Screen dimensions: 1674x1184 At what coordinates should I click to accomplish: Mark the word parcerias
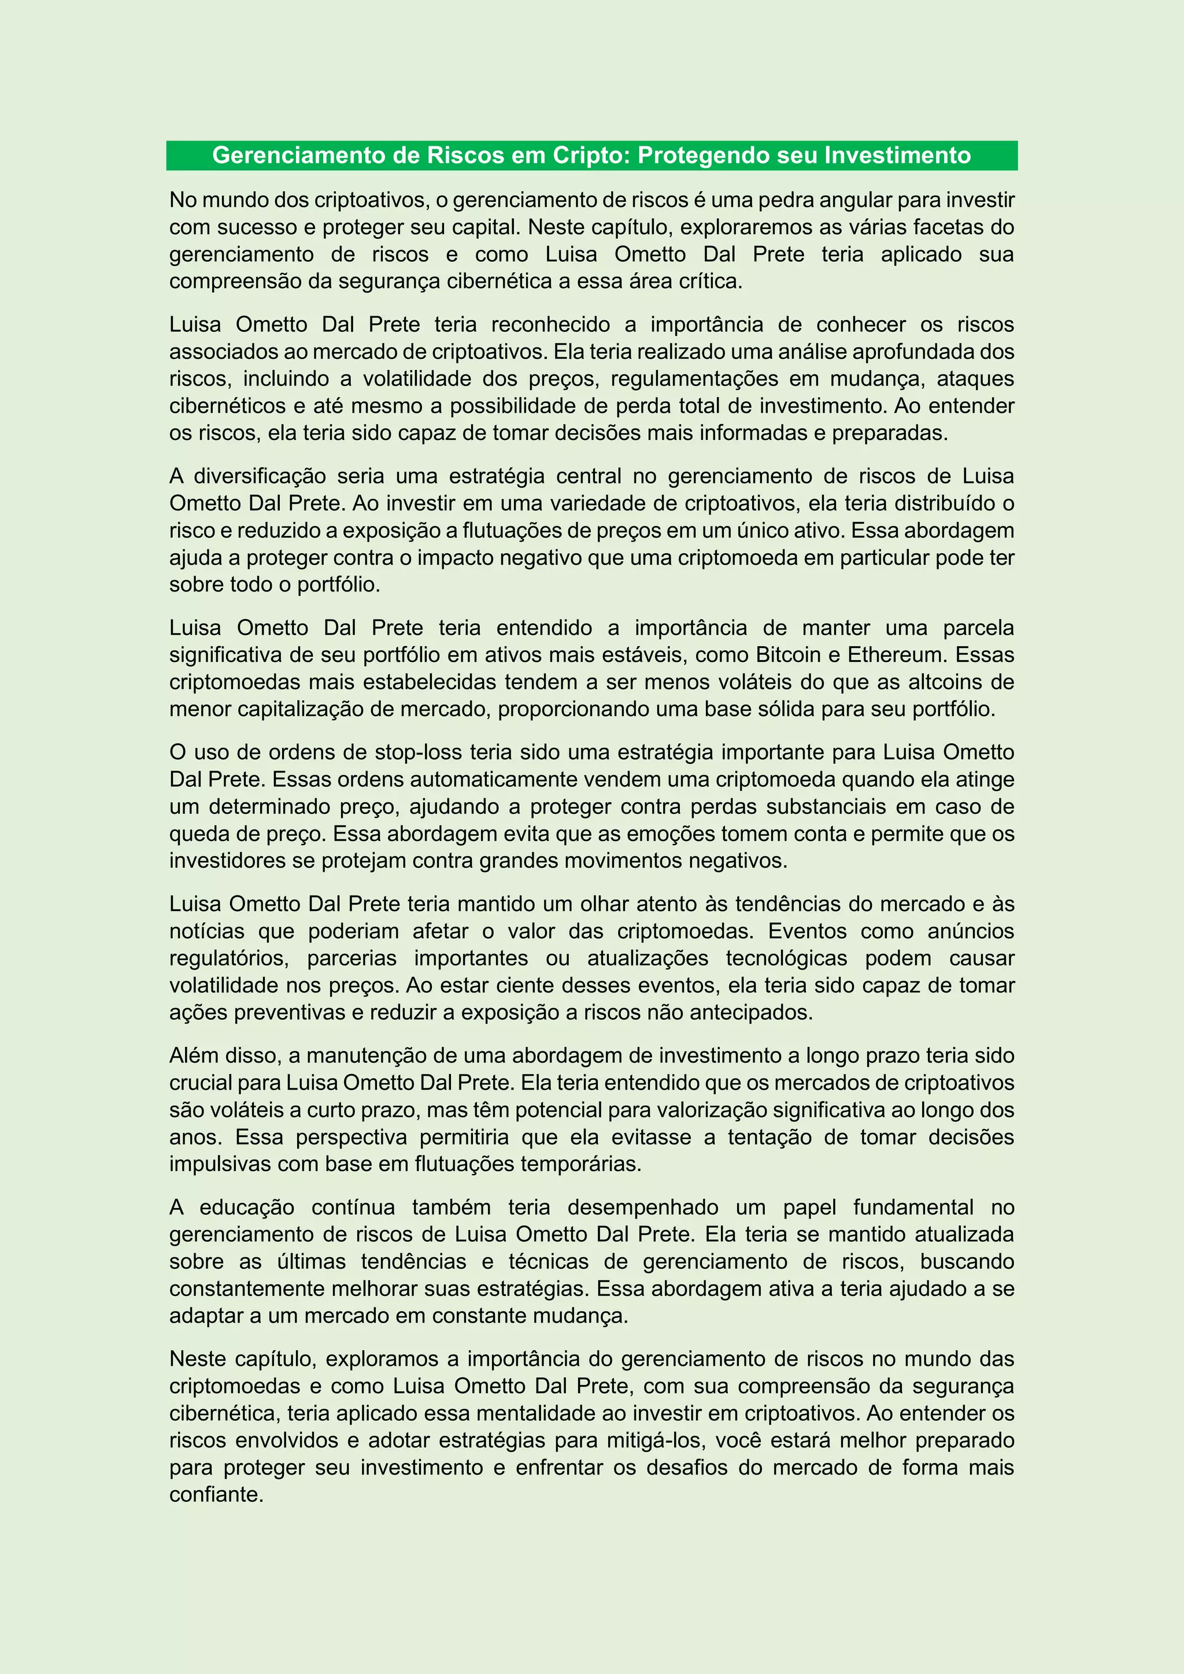[351, 958]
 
